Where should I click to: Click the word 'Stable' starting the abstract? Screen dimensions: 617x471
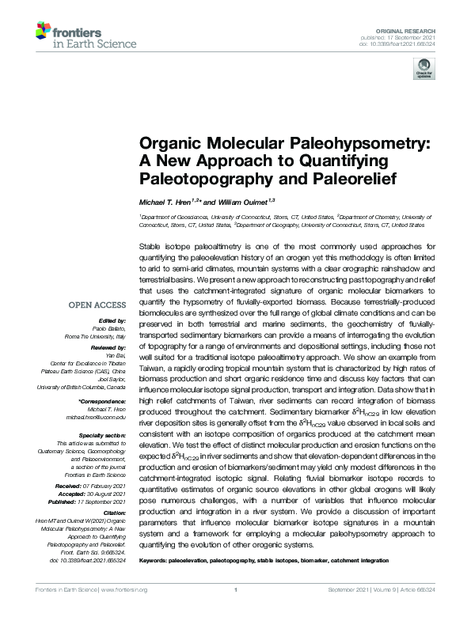pyautogui.click(x=150, y=248)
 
